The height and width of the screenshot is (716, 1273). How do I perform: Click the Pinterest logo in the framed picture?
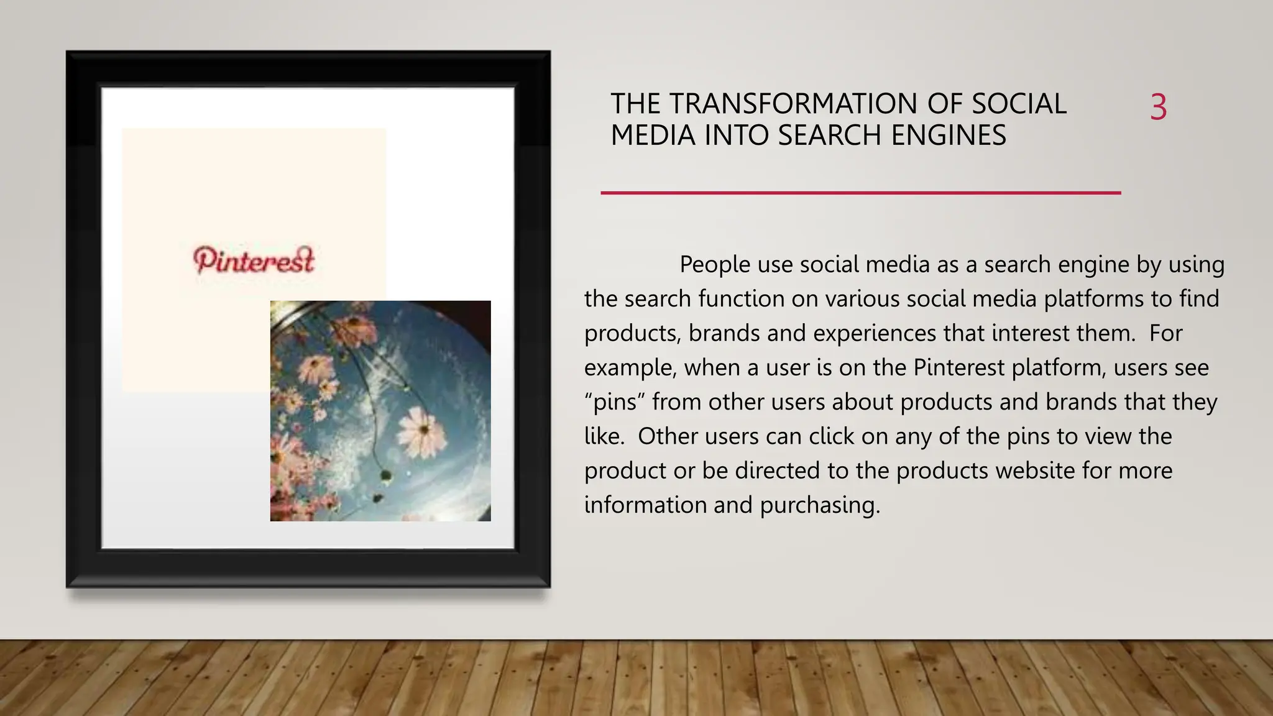[x=254, y=260]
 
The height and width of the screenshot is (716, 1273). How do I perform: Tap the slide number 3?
[x=1158, y=107]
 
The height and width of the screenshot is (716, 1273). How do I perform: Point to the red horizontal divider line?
[x=860, y=193]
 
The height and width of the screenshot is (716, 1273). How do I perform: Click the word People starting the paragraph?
[x=715, y=265]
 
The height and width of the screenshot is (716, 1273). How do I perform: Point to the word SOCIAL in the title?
[x=1019, y=104]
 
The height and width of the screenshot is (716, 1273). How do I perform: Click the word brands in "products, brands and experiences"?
[x=724, y=334]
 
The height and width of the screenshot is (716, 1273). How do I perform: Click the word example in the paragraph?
[x=629, y=368]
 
